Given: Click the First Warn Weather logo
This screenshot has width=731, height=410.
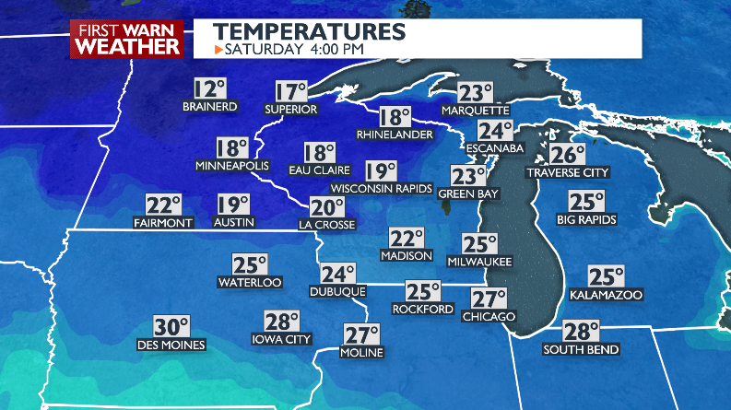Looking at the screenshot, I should click(127, 40).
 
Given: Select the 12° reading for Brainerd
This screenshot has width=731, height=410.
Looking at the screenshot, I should click(209, 89).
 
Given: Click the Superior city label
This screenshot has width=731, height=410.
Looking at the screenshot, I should click(291, 110).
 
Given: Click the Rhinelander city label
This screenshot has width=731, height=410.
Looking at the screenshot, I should click(395, 135).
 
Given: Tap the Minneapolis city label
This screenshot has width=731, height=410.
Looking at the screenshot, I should click(231, 166).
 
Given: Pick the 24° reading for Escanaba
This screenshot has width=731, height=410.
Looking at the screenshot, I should click(494, 131).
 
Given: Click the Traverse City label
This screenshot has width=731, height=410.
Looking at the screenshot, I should click(568, 172).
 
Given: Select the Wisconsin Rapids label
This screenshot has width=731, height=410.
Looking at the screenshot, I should click(381, 189).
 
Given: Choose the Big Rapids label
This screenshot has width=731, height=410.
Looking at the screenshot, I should click(586, 219).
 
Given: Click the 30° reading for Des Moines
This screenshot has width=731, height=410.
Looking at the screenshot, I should click(171, 327).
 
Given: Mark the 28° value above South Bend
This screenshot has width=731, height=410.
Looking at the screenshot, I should click(582, 332).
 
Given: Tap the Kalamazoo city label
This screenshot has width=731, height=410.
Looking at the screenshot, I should click(607, 295).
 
